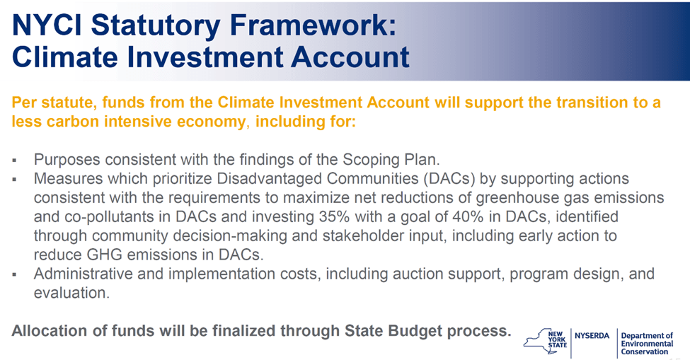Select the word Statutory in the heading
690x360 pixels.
click(156, 26)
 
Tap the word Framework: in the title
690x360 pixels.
click(313, 25)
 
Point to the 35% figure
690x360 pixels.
click(333, 216)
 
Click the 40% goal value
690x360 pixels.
click(465, 216)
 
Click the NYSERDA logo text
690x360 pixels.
click(592, 336)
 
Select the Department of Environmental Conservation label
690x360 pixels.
click(647, 344)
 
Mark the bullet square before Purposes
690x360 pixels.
click(15, 161)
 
